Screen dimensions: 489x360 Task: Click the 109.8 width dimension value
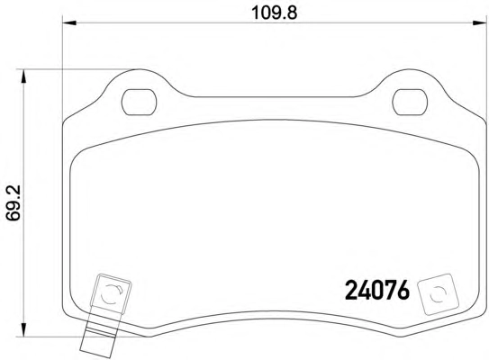274,13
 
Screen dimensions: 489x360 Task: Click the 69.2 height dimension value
14,202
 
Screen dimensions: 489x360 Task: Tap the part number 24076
377,290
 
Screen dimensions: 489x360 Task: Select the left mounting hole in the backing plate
139,102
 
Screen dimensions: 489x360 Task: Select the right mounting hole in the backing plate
410,102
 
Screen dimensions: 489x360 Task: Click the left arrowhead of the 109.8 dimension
69,22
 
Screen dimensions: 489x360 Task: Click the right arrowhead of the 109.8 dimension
480,22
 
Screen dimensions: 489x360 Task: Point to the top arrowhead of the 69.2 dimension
23,76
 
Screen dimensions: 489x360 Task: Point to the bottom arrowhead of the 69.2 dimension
23,329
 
